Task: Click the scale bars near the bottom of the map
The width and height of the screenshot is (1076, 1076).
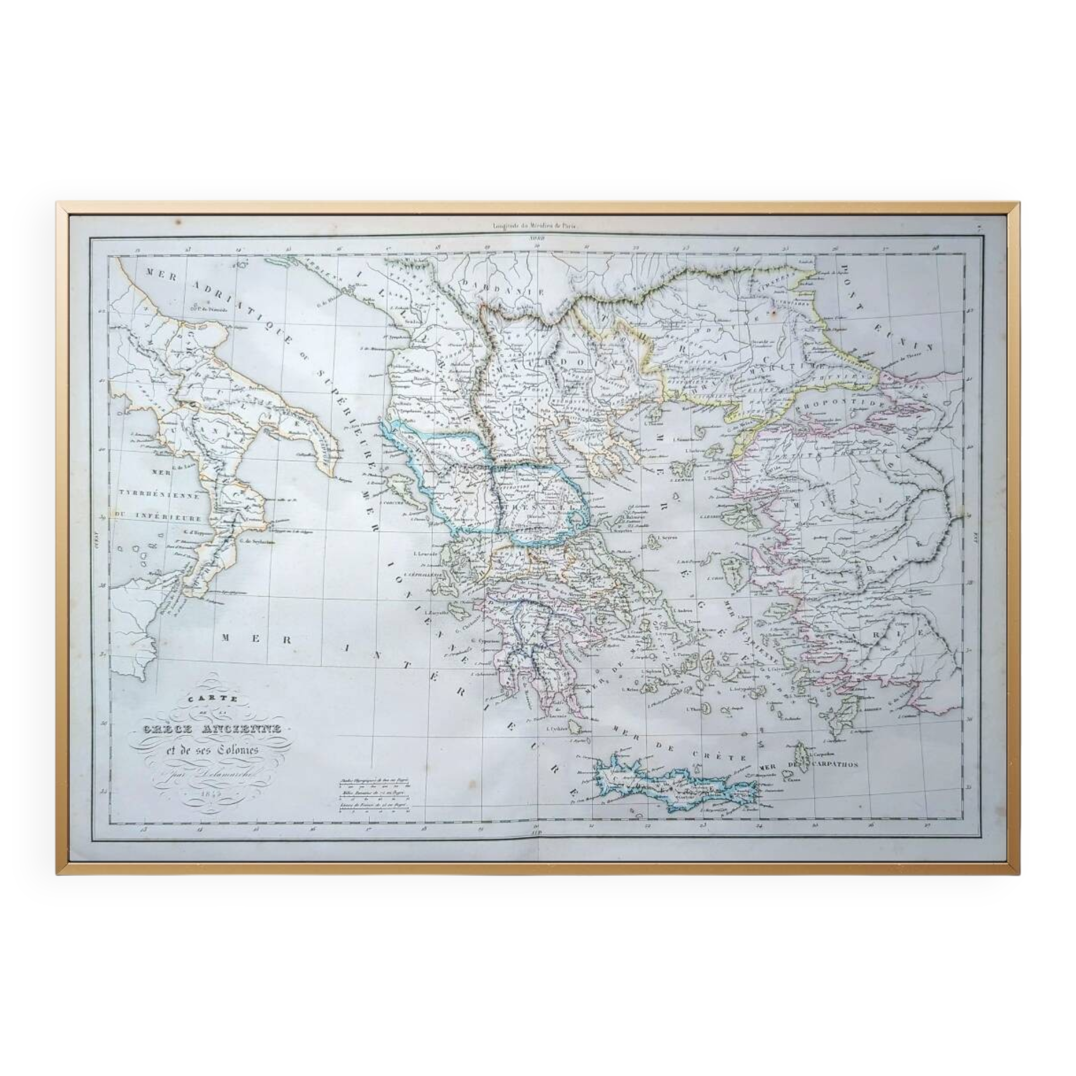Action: point(374,794)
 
